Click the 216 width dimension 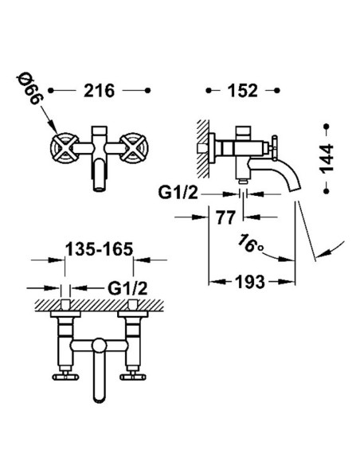(99, 91)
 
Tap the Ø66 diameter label (29, 89)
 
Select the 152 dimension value (242, 91)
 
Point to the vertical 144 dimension (327, 158)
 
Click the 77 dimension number (225, 217)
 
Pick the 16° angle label (251, 244)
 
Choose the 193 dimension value (249, 282)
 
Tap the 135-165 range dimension (99, 249)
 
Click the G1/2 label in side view (178, 193)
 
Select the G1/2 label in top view (127, 288)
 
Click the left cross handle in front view (65, 148)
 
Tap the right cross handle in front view (134, 148)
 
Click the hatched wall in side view (203, 149)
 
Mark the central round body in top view (99, 346)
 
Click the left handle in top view (65, 377)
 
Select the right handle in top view (133, 377)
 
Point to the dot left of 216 (51, 91)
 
